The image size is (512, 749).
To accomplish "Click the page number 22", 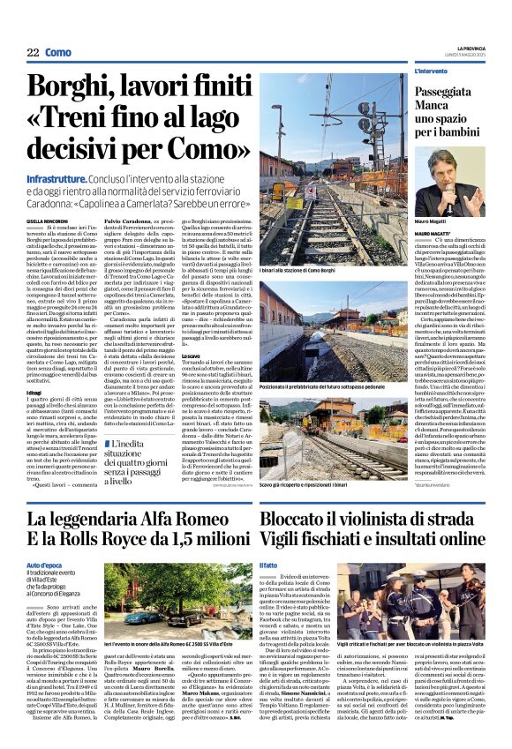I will point(33,53).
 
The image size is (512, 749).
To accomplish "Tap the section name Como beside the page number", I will point(57,53).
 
